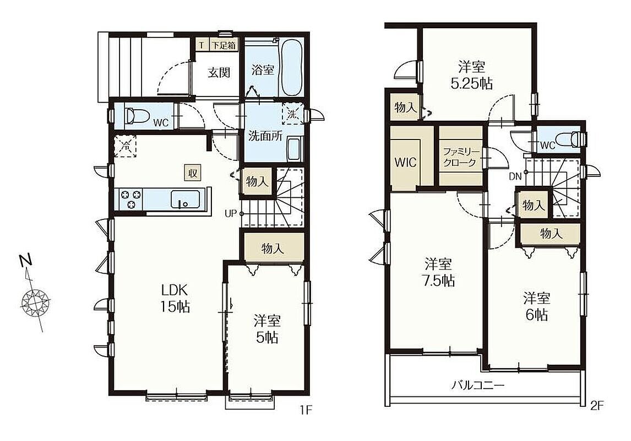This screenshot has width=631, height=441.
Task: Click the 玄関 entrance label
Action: coord(219,73)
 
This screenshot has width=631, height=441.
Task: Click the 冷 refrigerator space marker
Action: coord(125,146)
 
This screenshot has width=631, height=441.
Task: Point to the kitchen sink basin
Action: coord(184,200)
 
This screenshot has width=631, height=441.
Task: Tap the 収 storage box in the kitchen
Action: coord(193,173)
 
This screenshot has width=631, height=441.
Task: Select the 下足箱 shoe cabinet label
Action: coord(224,45)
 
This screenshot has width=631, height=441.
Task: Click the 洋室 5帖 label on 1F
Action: coord(267,329)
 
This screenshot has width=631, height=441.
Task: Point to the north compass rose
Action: coord(35,301)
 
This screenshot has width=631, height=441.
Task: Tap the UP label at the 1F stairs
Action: coord(230,213)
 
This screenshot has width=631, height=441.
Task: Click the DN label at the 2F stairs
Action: coord(515,176)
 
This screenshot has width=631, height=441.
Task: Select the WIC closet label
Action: coord(406,162)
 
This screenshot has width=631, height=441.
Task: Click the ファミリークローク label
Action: coord(461,158)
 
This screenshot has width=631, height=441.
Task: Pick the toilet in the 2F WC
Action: coord(574,139)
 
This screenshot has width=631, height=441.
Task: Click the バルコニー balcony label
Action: coord(477,385)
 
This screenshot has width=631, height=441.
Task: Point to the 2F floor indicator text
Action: coord(597,405)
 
